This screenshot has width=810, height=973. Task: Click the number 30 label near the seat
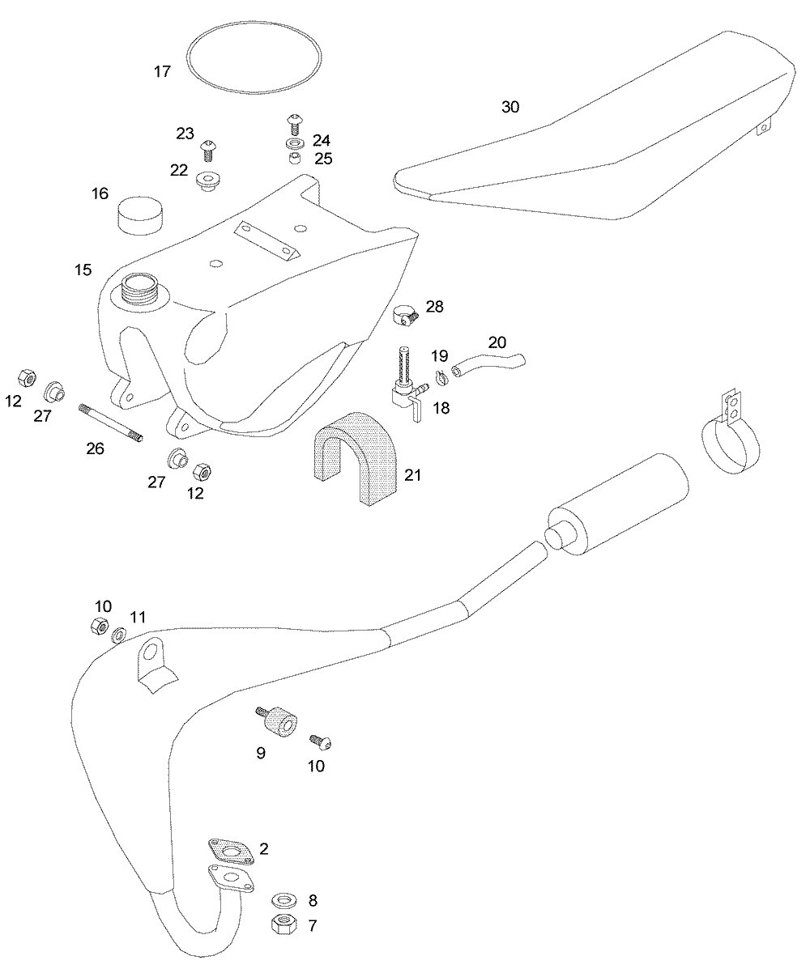coord(510,107)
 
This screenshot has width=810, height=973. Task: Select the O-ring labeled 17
coord(253,36)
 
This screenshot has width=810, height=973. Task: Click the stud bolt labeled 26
coord(110,423)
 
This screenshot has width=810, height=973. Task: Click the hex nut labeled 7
coord(283,922)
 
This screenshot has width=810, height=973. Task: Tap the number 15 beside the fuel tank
coord(83,270)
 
